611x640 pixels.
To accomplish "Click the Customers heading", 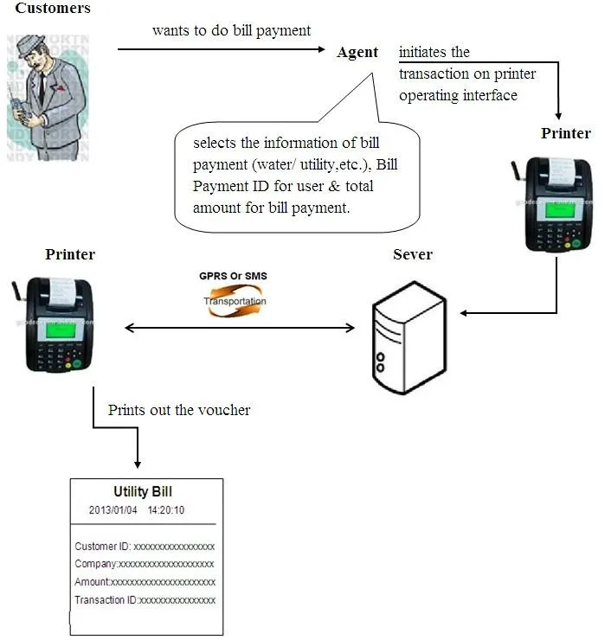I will coord(53,9).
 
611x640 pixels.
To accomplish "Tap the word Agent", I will coord(357,52).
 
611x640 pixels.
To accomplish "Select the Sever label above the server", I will coord(412,254).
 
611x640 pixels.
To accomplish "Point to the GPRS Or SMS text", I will coord(233,276).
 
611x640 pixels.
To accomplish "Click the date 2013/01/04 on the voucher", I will coord(113,510).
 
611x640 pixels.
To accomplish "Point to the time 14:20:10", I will coord(166,510).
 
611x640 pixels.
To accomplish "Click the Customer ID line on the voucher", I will coord(145,547).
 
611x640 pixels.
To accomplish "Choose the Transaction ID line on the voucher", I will coord(145,600).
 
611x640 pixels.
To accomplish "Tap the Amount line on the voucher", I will coord(145,582).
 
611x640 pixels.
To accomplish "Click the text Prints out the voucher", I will coord(179,410).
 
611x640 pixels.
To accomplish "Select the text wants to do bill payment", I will coord(231,30).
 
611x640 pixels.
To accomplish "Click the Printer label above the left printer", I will coord(70,254).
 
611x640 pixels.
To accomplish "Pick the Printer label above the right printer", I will coord(566,133).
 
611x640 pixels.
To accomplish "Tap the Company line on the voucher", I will coord(145,564).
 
